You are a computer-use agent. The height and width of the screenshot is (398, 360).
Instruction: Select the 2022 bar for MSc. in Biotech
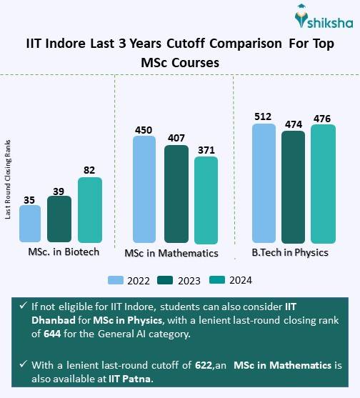[x=30, y=224]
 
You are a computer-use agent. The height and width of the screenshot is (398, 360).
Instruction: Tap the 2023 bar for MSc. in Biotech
[x=59, y=219]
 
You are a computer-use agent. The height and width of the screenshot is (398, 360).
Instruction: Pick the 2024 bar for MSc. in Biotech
[x=89, y=209]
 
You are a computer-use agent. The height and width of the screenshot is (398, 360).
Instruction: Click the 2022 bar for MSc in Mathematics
[x=144, y=190]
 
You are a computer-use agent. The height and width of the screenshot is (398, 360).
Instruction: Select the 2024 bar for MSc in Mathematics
[x=206, y=200]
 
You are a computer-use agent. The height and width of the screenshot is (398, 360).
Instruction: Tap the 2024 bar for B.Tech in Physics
[x=322, y=184]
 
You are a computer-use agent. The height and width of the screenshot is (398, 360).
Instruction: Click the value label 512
[x=264, y=116]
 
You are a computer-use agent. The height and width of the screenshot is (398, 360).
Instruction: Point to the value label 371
[x=206, y=149]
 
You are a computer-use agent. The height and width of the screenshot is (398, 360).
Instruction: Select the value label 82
[x=89, y=170]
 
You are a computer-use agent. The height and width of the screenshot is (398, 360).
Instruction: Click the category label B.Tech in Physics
[x=289, y=252]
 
